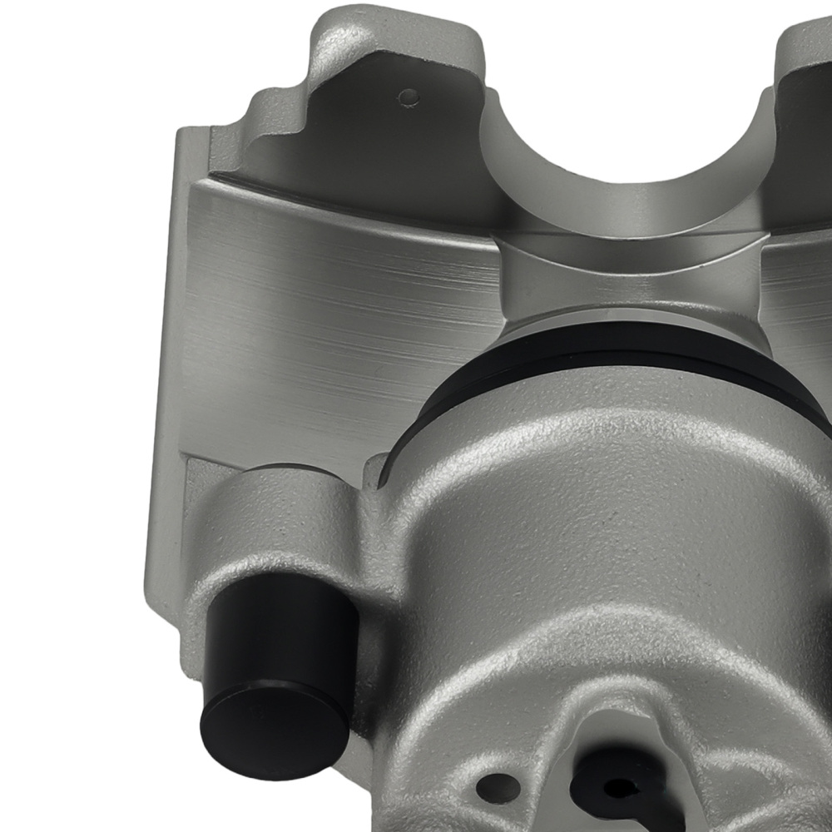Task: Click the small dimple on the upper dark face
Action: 408,97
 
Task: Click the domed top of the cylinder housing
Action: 599,466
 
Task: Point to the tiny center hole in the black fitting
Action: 617,786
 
